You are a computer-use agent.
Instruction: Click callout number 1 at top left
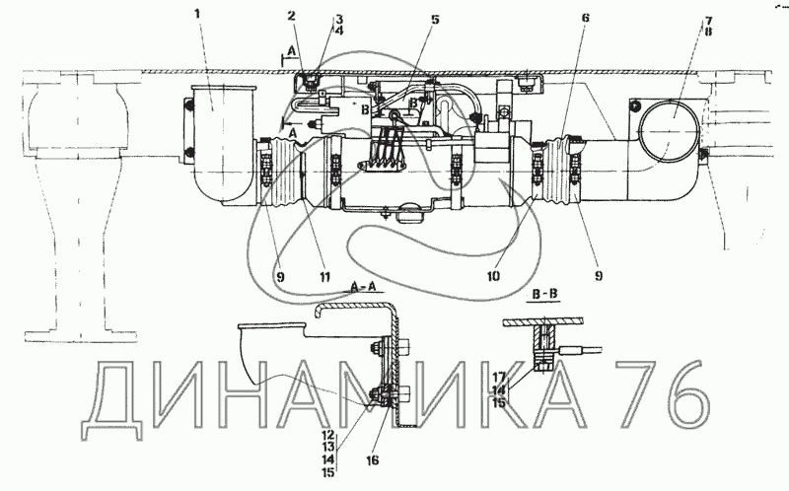(x=197, y=14)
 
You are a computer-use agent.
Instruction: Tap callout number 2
(x=292, y=15)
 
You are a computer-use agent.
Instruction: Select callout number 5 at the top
(x=435, y=19)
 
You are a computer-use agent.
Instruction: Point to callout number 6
(x=585, y=18)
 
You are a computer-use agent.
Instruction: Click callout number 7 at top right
(x=708, y=21)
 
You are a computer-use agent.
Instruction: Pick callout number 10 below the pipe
(x=493, y=276)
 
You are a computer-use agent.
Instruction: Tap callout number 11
(x=324, y=276)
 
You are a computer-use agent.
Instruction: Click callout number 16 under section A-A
(x=373, y=459)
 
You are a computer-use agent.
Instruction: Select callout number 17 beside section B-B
(x=499, y=377)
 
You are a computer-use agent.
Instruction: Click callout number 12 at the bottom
(x=328, y=435)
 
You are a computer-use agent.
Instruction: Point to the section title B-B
(x=542, y=295)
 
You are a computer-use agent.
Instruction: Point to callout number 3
(x=338, y=19)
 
